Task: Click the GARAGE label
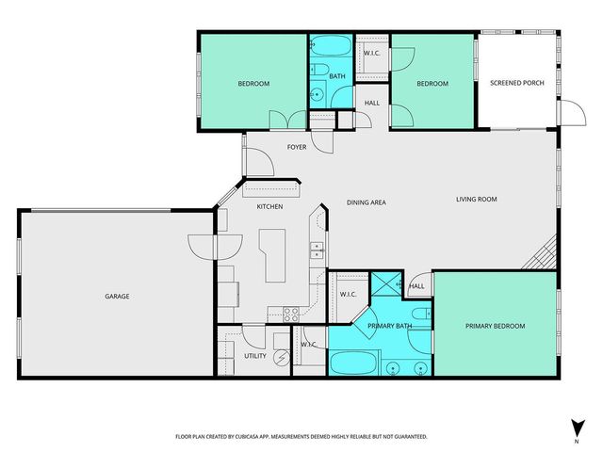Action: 117,297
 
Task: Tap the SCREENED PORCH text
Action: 516,84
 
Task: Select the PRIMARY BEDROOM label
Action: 495,326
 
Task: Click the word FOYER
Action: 297,147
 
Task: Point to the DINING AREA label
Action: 367,202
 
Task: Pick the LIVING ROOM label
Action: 476,199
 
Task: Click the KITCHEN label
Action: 270,206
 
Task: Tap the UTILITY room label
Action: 255,356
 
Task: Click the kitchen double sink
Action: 318,250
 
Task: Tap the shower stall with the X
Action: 385,285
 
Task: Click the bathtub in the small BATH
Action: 330,47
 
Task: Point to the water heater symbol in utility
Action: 281,358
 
